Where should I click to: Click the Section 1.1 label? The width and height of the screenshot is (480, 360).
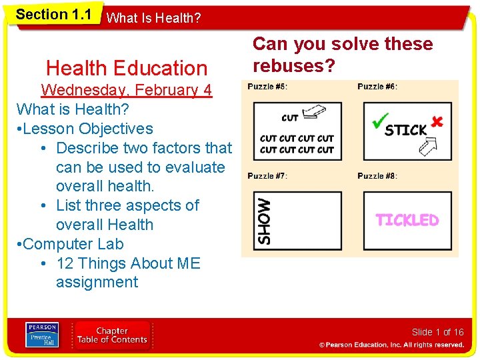tap(53, 14)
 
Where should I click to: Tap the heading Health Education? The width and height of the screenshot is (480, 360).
tap(127, 68)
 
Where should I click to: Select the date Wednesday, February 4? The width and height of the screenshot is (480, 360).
tap(127, 90)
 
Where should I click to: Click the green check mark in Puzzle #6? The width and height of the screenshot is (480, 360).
tap(379, 121)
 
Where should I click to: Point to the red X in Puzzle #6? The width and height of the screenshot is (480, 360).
tap(437, 121)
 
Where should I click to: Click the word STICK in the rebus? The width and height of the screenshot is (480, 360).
tap(406, 129)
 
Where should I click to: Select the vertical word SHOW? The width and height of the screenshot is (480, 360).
tap(265, 221)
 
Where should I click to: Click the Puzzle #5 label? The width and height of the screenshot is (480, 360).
tap(267, 87)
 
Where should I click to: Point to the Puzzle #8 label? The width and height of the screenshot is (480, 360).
tap(377, 176)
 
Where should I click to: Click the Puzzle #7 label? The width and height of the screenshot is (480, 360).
tap(267, 176)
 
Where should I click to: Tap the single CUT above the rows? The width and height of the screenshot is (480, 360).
tap(290, 118)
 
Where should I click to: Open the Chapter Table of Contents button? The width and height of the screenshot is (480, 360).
tap(113, 335)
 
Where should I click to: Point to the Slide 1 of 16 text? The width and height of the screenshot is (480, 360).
tap(437, 332)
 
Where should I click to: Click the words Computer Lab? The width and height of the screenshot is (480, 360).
tap(73, 244)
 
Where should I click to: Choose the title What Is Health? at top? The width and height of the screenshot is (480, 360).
tap(153, 18)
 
